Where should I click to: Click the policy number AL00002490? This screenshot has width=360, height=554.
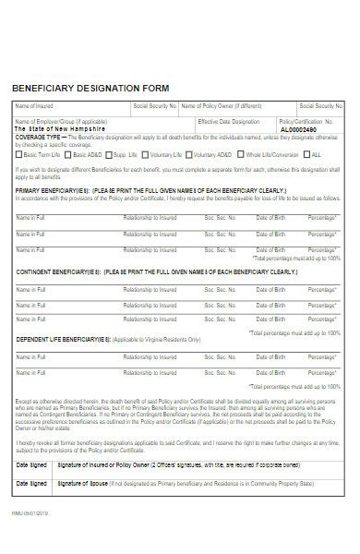click(323, 129)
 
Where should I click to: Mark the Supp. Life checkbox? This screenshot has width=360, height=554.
click(109, 154)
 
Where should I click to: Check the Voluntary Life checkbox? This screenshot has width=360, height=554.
click(146, 154)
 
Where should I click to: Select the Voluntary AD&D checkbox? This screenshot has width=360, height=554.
click(191, 154)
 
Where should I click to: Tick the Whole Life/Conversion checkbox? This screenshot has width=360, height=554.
click(242, 154)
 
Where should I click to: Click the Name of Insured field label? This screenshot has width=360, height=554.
click(35, 106)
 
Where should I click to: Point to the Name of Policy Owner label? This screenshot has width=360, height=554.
click(221, 106)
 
